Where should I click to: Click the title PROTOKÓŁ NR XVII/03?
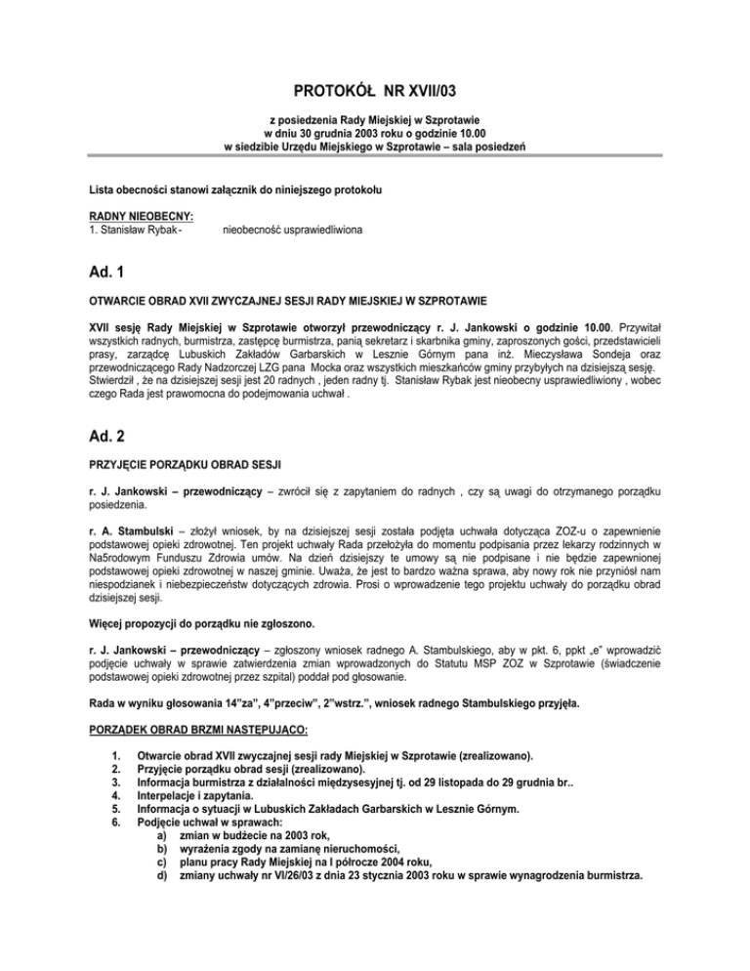coord(375,92)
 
